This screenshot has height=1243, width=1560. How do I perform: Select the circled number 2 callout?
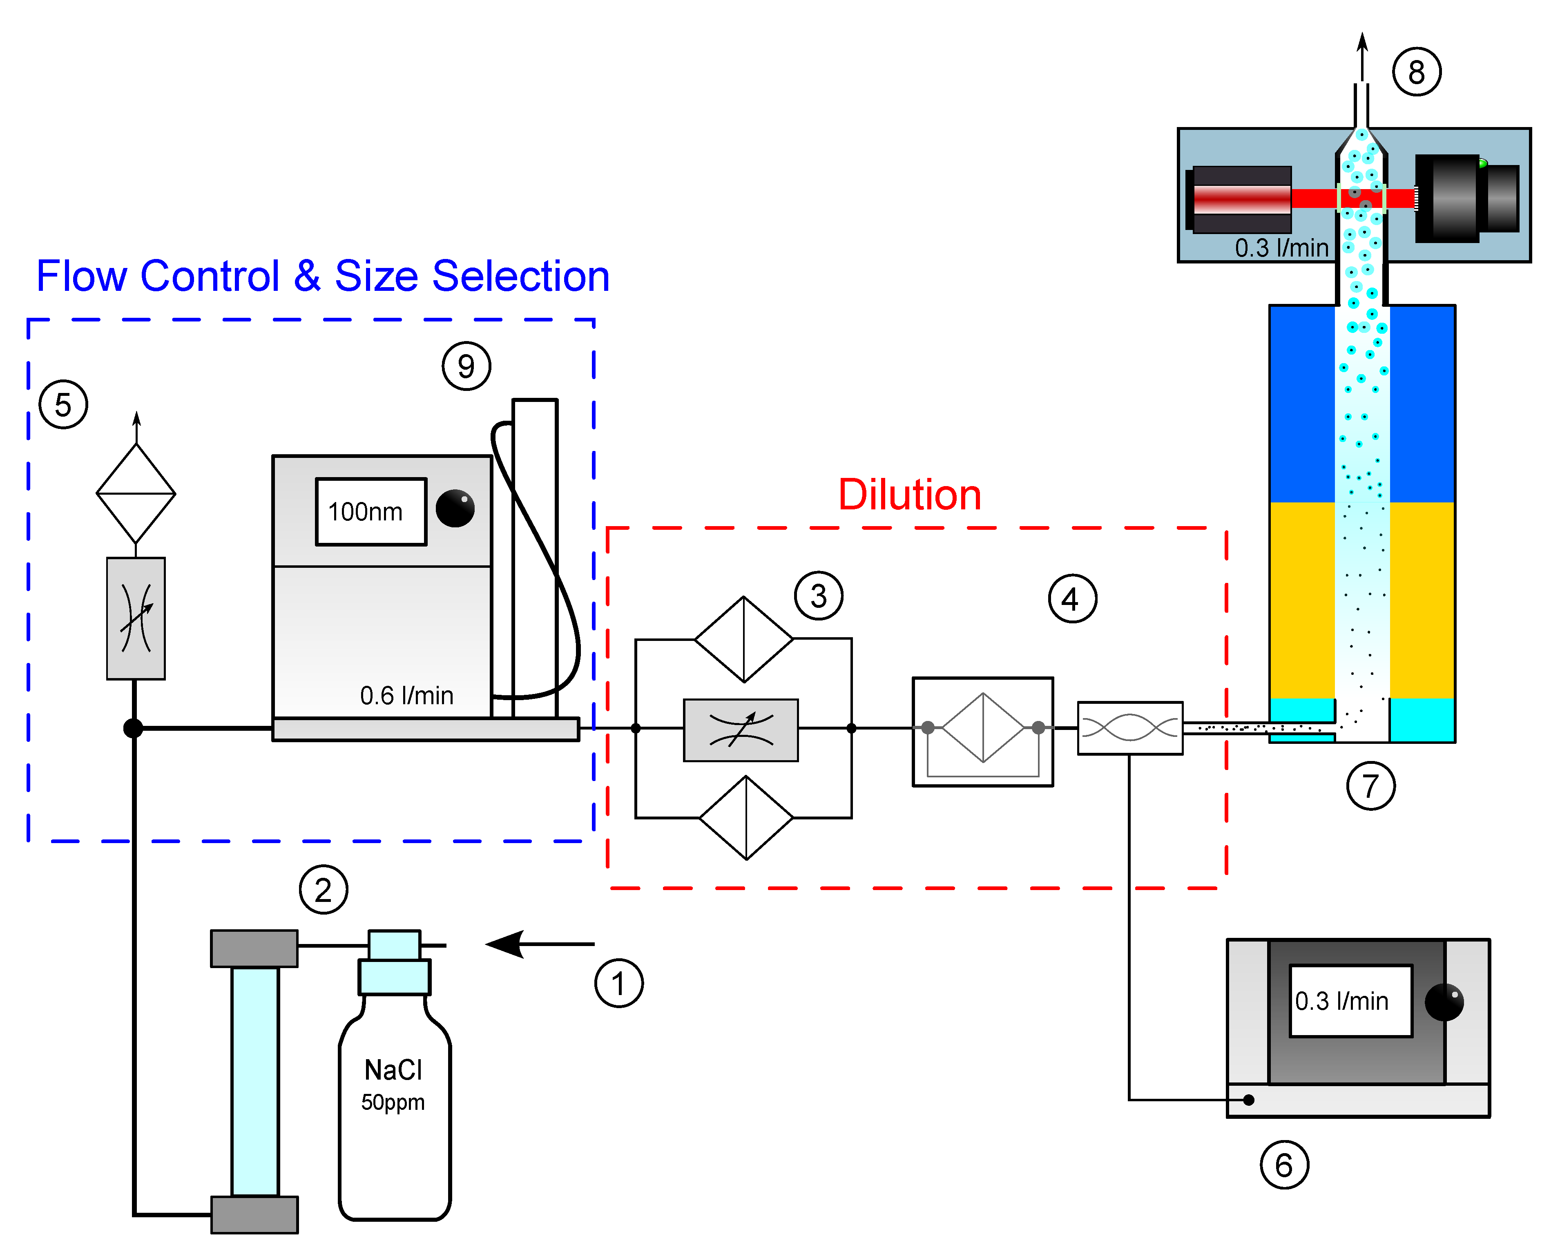tap(324, 889)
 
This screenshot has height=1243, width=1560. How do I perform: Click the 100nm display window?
tap(371, 511)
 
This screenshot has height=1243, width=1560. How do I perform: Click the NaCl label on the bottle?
tap(393, 1069)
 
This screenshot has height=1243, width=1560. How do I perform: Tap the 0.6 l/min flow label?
tap(406, 695)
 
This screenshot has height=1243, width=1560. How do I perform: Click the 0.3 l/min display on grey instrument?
tap(1350, 1001)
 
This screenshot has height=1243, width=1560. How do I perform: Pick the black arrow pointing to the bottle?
tap(539, 944)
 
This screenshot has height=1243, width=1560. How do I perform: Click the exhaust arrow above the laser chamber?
tap(1362, 58)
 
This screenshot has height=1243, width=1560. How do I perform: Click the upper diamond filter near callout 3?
tap(744, 639)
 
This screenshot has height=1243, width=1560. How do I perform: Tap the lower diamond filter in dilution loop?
tap(746, 818)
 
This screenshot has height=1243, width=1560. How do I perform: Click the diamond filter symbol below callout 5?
tap(136, 493)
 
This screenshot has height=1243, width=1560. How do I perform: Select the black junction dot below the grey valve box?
tap(133, 728)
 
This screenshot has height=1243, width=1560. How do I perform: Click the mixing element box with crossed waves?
tap(1129, 728)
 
